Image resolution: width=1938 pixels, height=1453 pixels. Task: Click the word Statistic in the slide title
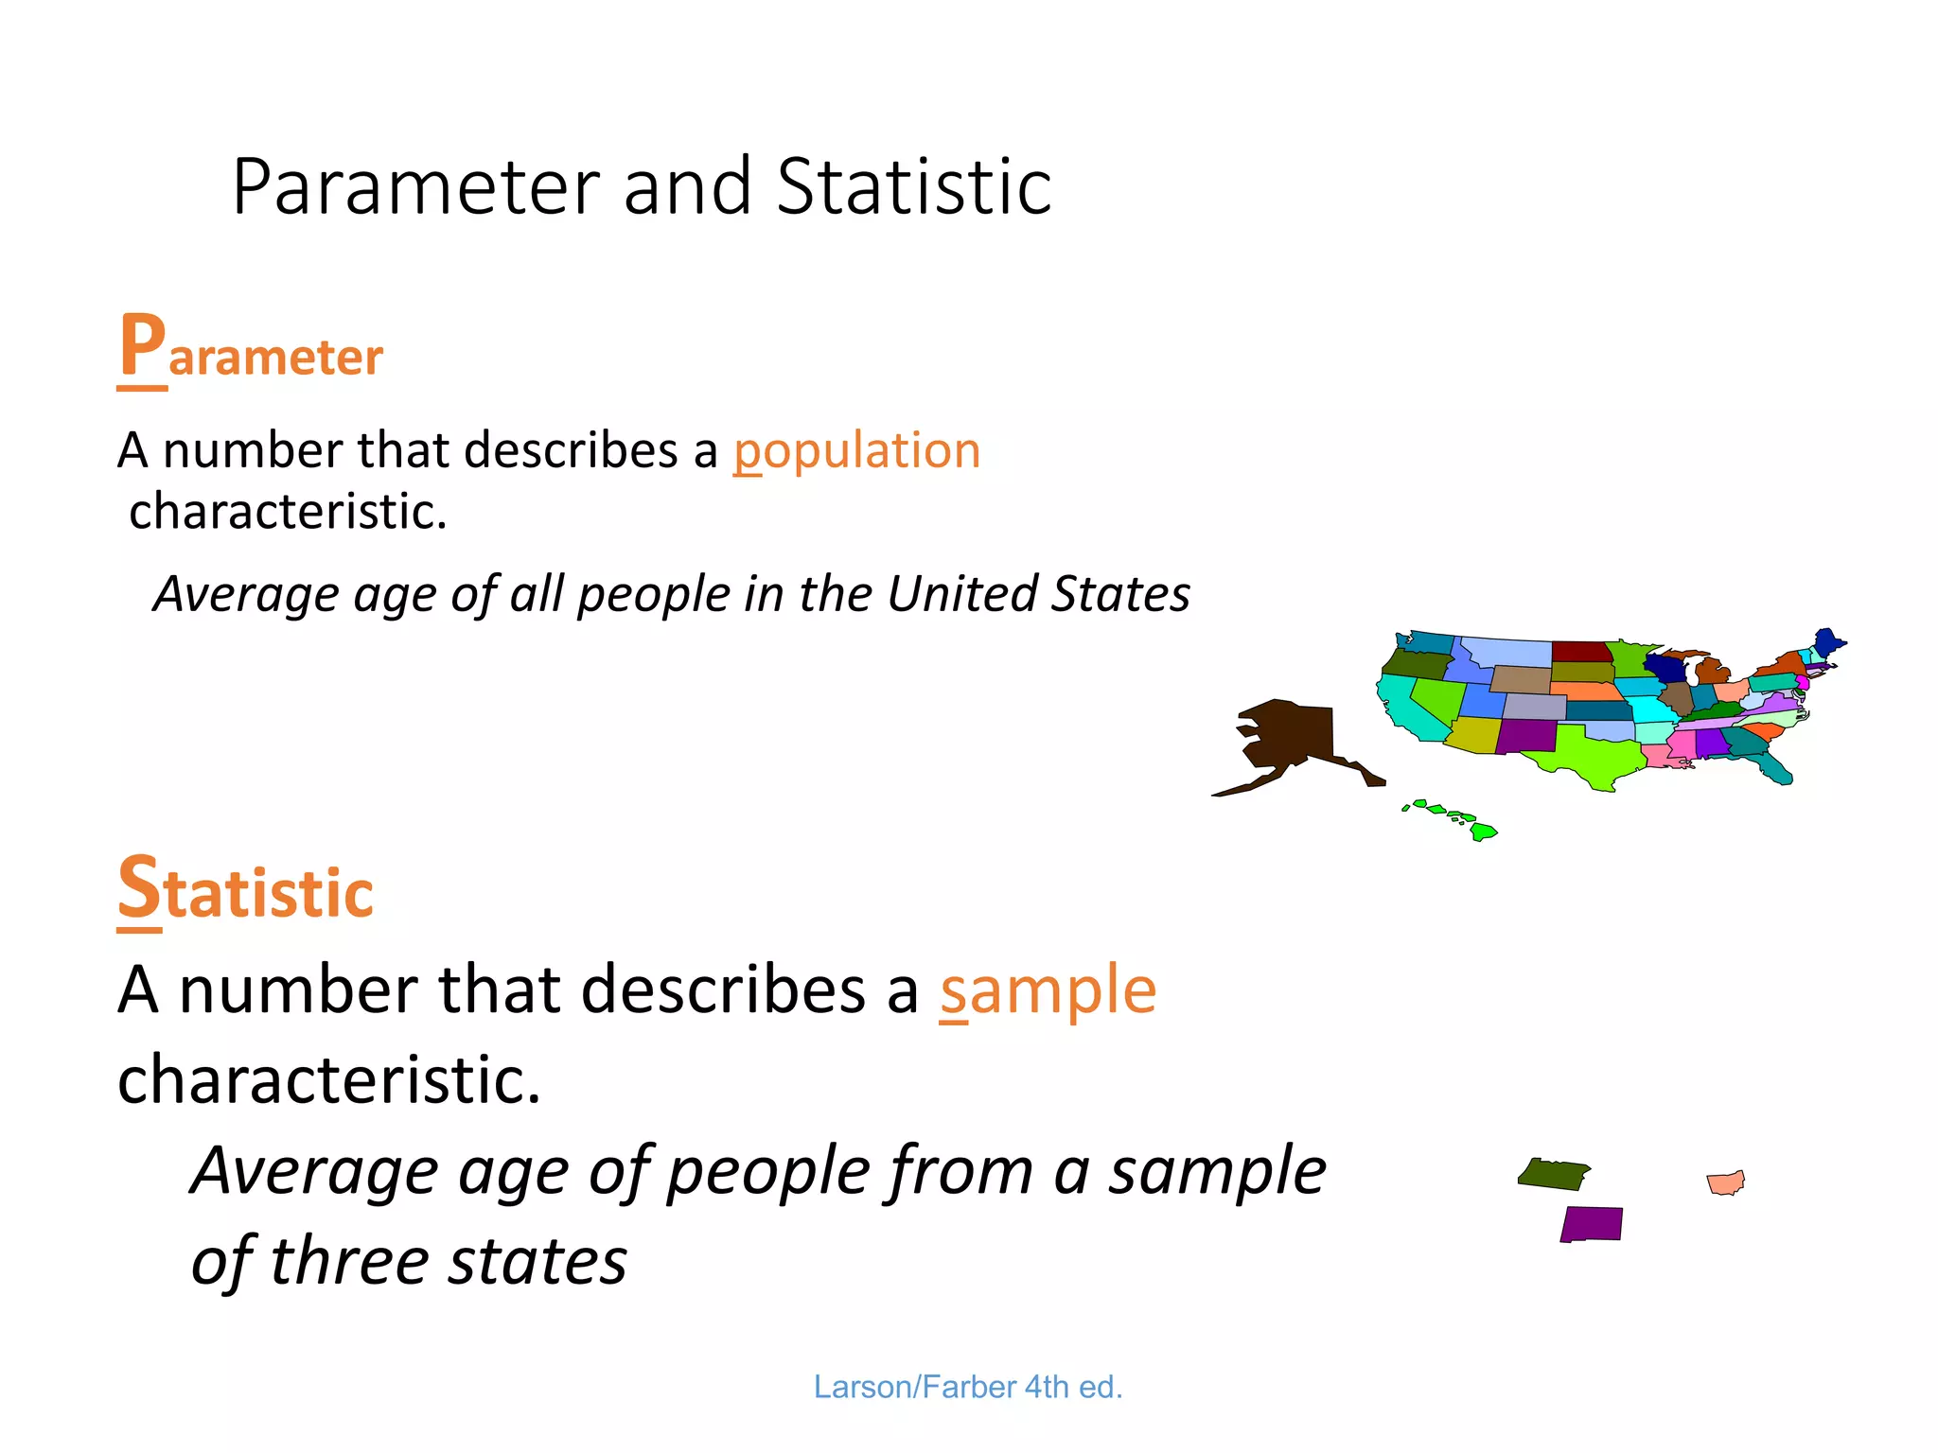tap(913, 186)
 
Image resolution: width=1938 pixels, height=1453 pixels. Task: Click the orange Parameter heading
tap(251, 352)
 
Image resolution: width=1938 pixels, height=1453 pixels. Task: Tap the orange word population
tap(856, 450)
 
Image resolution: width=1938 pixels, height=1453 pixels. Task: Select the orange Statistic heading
tap(245, 890)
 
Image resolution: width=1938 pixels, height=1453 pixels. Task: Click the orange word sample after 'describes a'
tap(1048, 990)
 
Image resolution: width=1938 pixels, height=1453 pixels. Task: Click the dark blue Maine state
tap(1826, 642)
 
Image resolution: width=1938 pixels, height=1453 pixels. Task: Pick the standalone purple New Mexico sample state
tap(1592, 1224)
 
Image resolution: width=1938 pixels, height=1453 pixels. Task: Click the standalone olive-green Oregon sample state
tap(1553, 1174)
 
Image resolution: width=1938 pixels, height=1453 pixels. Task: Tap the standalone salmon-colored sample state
tap(1726, 1182)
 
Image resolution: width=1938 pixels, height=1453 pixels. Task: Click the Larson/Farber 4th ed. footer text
tap(967, 1387)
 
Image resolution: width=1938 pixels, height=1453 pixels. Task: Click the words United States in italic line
tap(1038, 594)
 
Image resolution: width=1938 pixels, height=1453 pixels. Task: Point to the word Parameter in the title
tap(416, 186)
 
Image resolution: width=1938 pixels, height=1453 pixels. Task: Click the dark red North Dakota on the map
tap(1581, 652)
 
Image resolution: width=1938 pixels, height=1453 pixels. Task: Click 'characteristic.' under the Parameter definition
tap(288, 512)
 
